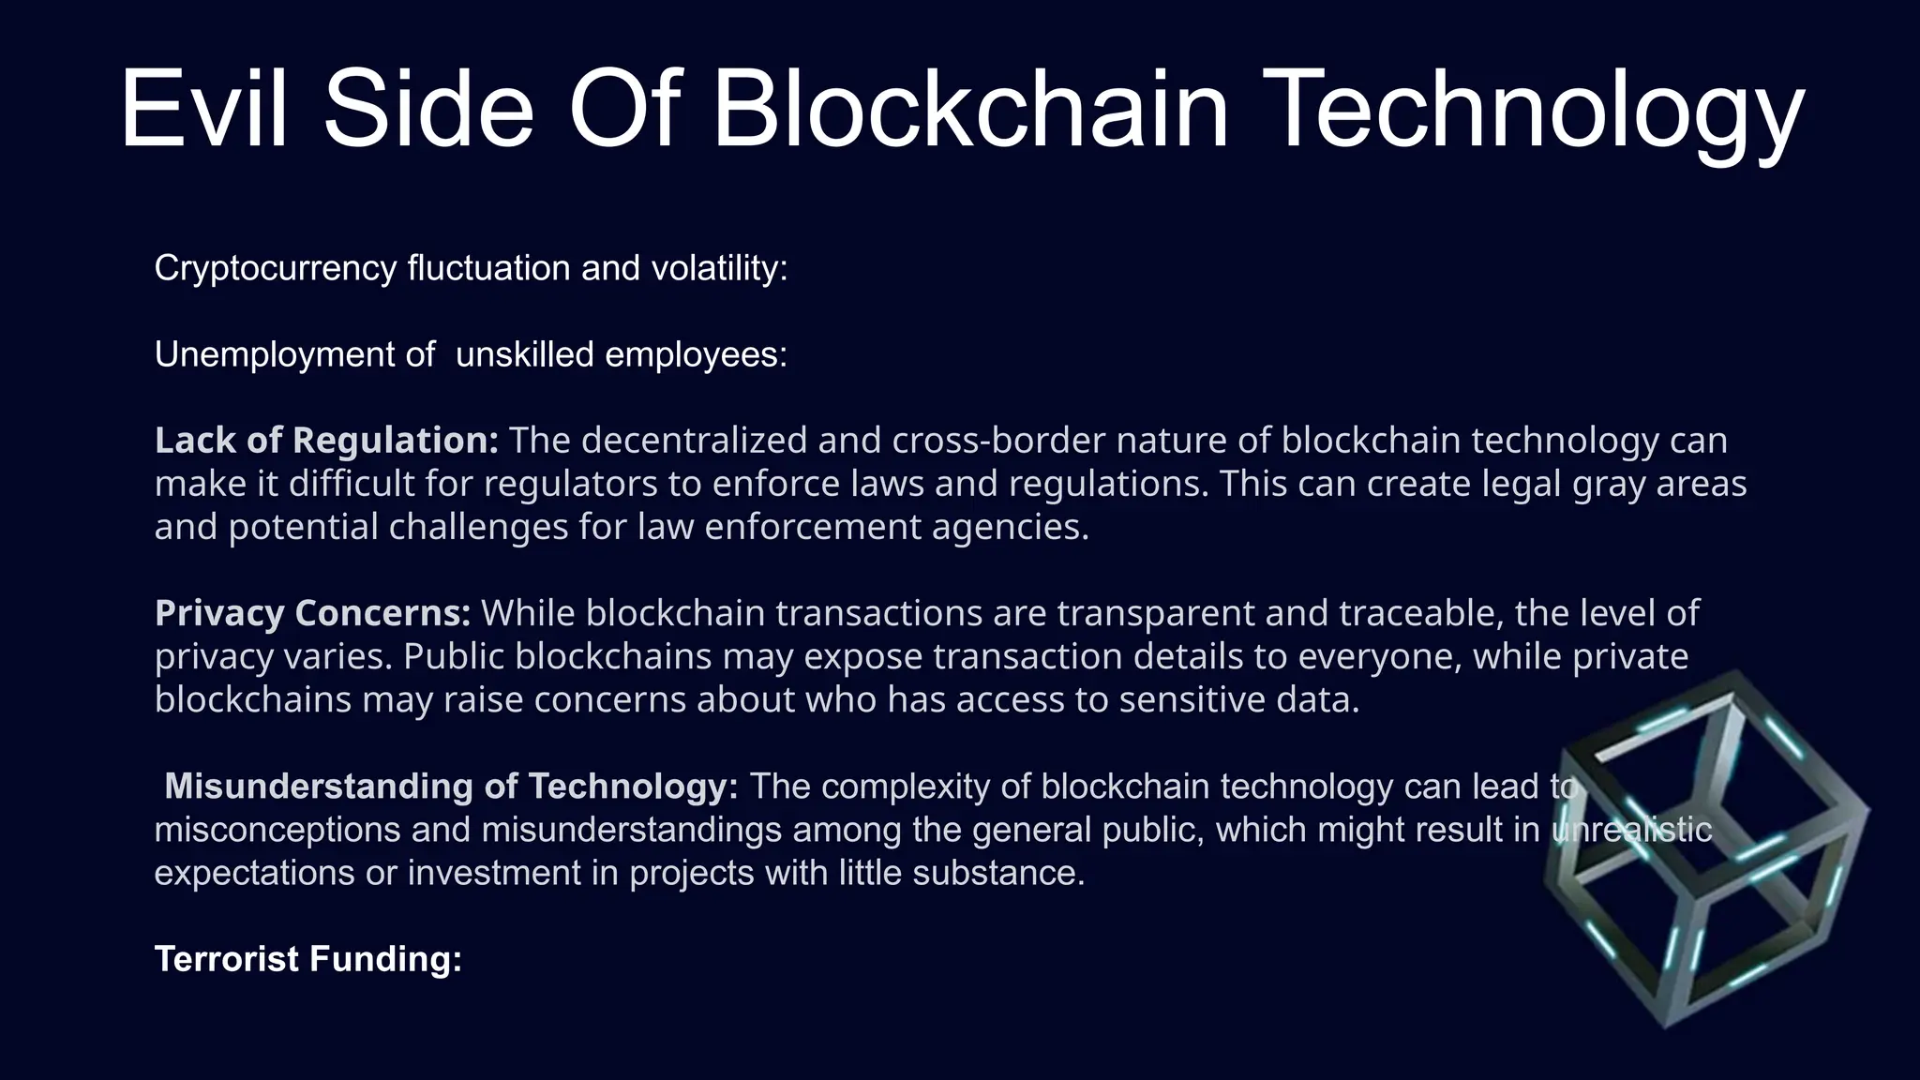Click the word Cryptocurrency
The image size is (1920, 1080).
point(276,269)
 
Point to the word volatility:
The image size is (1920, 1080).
point(719,269)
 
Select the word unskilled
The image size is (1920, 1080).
point(524,355)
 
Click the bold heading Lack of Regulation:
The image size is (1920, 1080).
point(326,441)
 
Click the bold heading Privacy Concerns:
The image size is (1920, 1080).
point(312,613)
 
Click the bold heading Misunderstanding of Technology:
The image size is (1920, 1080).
point(451,787)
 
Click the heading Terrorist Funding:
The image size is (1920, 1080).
point(308,959)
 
